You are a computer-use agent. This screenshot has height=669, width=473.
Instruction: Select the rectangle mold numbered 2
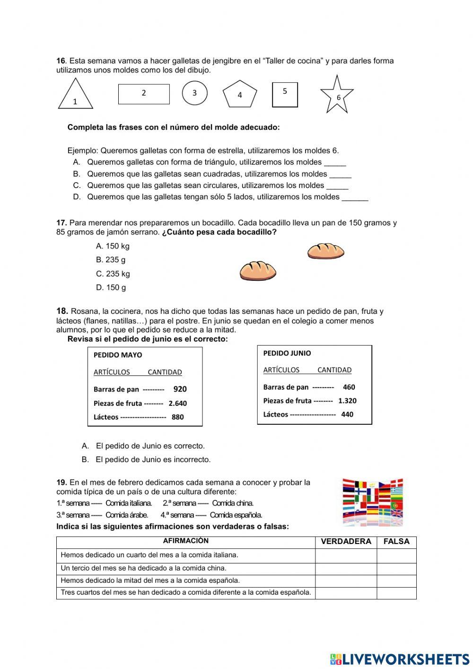click(x=144, y=94)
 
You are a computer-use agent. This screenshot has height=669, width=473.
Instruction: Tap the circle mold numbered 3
click(x=194, y=93)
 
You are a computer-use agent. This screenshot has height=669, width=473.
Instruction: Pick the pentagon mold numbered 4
click(x=240, y=94)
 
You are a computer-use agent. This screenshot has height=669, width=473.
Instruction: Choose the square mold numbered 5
click(x=285, y=94)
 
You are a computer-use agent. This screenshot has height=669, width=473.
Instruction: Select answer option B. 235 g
click(x=111, y=260)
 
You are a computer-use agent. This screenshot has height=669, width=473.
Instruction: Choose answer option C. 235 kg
click(x=113, y=274)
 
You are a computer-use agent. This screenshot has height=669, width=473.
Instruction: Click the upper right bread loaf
click(x=325, y=251)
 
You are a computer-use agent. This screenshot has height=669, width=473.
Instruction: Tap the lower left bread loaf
click(x=258, y=271)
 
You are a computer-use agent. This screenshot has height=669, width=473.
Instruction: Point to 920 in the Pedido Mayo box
click(x=180, y=389)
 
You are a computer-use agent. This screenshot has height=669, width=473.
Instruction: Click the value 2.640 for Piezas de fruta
click(x=177, y=403)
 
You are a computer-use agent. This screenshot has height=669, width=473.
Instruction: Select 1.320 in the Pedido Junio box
click(x=347, y=401)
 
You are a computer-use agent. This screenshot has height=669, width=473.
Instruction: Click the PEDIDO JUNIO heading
click(x=287, y=353)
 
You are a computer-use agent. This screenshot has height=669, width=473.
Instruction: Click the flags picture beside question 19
click(x=372, y=501)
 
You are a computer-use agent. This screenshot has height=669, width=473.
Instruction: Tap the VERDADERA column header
click(x=346, y=542)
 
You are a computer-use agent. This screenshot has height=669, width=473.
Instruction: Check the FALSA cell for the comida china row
click(x=396, y=569)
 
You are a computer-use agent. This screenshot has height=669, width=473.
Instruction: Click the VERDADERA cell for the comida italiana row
click(x=346, y=555)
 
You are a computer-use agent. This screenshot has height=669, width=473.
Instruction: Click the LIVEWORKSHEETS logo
click(x=400, y=659)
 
